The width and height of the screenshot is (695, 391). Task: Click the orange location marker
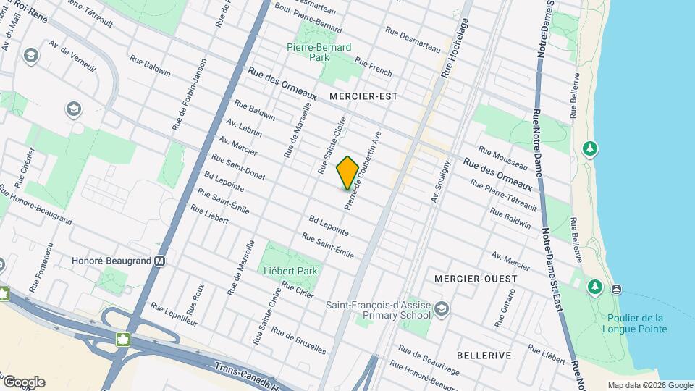(x=347, y=172)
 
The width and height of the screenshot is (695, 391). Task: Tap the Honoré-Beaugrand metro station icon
(x=160, y=261)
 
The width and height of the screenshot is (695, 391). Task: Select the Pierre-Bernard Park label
(x=319, y=52)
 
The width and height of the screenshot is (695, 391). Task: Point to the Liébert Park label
(x=290, y=271)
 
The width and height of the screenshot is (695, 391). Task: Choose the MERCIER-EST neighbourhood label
(x=363, y=96)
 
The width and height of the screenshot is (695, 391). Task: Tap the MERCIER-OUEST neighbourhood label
(x=476, y=279)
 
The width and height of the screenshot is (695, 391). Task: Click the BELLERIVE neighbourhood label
(x=484, y=356)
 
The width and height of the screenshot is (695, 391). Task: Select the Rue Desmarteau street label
(x=413, y=39)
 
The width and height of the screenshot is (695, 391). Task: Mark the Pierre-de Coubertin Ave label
(x=364, y=170)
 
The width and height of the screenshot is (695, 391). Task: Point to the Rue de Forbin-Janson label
(x=190, y=94)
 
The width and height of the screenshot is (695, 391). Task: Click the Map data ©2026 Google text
(x=650, y=385)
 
